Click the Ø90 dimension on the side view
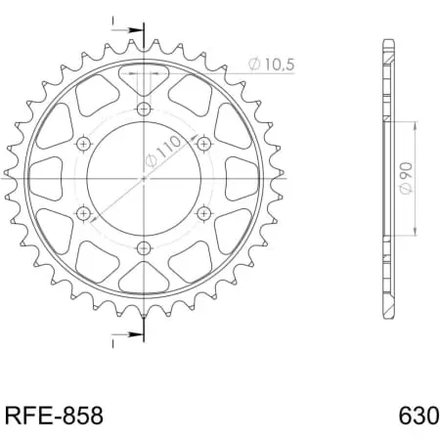click(x=402, y=178)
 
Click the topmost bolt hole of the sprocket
click(x=144, y=108)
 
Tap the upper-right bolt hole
click(x=204, y=143)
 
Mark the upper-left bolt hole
click(x=83, y=143)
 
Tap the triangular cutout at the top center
click(x=144, y=77)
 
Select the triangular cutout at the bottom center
click(x=144, y=278)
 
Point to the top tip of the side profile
click(x=388, y=41)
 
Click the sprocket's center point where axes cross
click(x=144, y=178)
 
